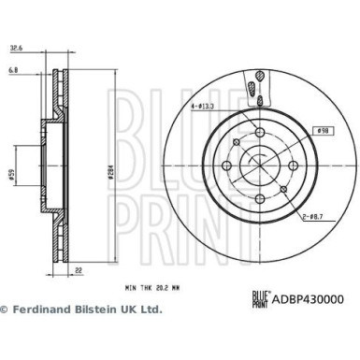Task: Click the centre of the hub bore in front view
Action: pos(258,169)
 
